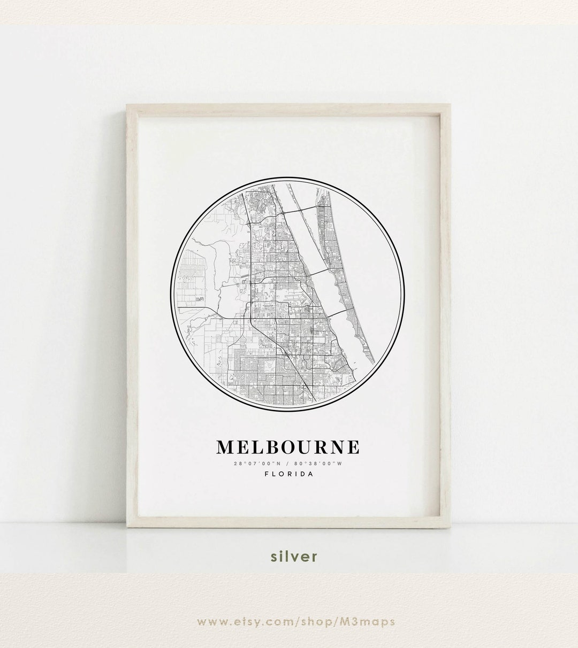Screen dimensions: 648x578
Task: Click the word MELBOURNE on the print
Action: (x=288, y=447)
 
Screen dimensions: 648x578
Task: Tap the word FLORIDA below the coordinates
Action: (x=288, y=473)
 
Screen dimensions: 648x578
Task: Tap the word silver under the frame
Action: (x=294, y=557)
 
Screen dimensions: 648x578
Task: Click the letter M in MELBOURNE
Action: (x=224, y=447)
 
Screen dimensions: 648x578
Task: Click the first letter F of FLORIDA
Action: (x=266, y=473)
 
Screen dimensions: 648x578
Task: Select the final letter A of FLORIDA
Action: (x=311, y=473)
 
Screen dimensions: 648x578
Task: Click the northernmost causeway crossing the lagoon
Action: (x=300, y=213)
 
